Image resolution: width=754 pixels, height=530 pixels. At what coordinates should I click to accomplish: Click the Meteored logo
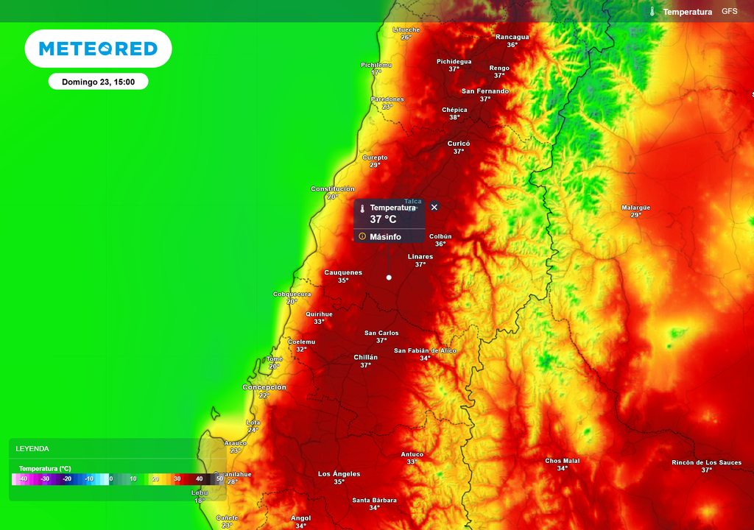coord(98,49)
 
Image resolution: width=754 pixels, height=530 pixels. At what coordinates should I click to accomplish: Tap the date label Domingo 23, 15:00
coord(98,82)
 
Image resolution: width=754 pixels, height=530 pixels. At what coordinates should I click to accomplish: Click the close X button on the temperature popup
coord(434,208)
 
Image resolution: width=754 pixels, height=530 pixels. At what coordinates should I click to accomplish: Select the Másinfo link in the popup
coord(385,237)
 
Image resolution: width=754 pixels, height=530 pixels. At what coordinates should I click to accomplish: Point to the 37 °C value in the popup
coord(383,219)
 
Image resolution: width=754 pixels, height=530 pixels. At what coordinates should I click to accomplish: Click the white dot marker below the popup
coord(389,278)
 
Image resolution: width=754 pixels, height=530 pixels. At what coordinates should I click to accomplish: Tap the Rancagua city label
coord(512,37)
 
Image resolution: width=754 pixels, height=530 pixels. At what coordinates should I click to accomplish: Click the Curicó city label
coord(458,144)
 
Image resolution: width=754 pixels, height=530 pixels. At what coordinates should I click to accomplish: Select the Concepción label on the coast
coord(264,387)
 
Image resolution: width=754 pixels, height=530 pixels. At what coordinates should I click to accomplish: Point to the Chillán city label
coord(365,357)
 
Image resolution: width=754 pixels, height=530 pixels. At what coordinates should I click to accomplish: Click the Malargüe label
coord(635,208)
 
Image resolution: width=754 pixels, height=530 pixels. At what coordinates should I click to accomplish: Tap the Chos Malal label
coord(563,461)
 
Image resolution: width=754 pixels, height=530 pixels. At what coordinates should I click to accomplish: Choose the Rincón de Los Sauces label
coord(706,462)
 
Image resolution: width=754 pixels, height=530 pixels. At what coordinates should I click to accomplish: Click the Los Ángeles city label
coord(339,473)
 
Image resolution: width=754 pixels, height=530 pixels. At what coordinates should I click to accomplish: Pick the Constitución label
coord(333,189)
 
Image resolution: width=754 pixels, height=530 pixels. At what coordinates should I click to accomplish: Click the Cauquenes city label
coord(343,272)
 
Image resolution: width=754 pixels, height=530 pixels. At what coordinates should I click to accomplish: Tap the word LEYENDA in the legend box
coord(32,448)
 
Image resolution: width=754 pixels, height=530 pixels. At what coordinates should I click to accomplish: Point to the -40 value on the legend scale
coord(23,479)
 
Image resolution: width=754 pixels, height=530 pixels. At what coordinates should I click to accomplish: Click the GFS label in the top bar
coord(729,12)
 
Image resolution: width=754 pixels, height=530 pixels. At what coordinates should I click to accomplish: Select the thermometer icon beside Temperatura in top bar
coord(652,12)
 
